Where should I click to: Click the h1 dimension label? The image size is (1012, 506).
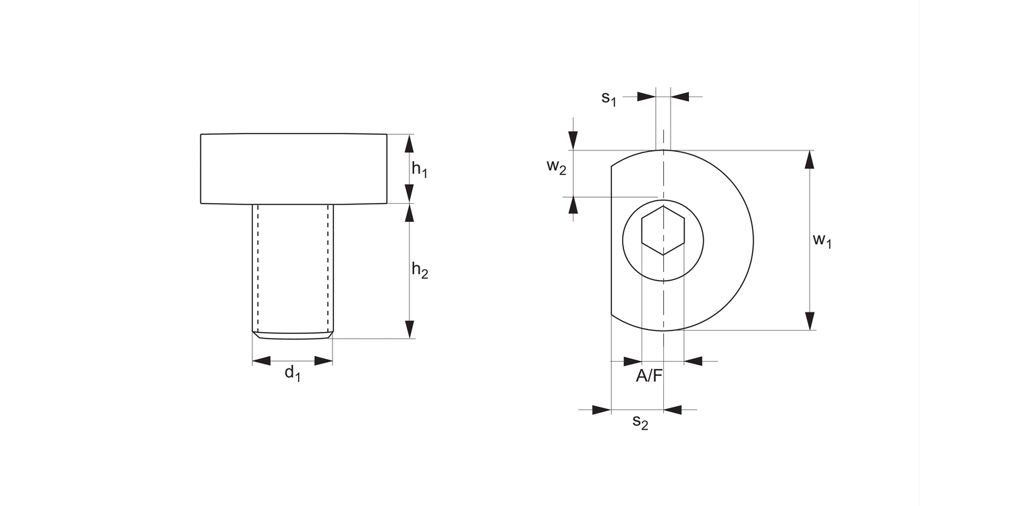coord(420,169)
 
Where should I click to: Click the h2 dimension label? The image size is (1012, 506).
coord(420,270)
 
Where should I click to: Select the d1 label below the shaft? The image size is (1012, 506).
coord(292,372)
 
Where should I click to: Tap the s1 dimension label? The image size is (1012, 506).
coord(609,98)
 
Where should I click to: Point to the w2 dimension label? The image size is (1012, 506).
coord(556,167)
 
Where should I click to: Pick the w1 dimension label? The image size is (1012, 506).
coord(822,240)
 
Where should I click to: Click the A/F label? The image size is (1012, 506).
coord(649,376)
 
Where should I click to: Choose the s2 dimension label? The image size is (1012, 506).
coord(640,422)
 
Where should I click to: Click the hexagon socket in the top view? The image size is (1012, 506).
coord(663,230)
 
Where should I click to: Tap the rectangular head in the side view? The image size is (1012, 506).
coord(293,169)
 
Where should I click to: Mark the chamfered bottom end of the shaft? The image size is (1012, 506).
coord(293,335)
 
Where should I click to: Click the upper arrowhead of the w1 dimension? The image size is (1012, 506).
coord(810,159)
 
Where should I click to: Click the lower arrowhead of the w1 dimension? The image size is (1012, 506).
coord(810,321)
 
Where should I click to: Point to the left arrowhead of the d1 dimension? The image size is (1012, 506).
coord(261,362)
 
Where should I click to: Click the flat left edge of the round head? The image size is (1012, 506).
coord(611,240)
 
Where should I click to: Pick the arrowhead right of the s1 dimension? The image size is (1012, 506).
coord(680,97)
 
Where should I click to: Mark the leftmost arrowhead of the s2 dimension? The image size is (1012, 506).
coord(601,410)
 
